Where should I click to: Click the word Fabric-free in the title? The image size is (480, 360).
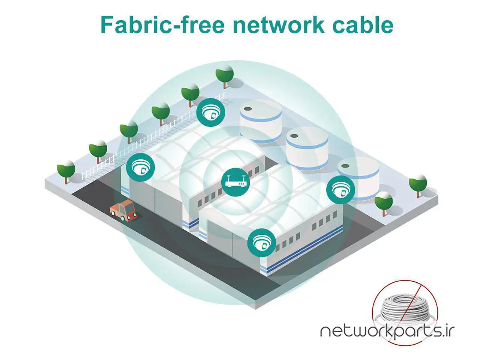(162, 25)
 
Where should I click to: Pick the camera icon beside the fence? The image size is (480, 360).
(211, 112)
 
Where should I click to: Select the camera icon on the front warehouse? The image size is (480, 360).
(261, 243)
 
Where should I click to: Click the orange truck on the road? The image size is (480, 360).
(123, 210)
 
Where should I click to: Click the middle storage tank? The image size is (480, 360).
(307, 147)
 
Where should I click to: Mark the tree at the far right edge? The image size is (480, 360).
(418, 185)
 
